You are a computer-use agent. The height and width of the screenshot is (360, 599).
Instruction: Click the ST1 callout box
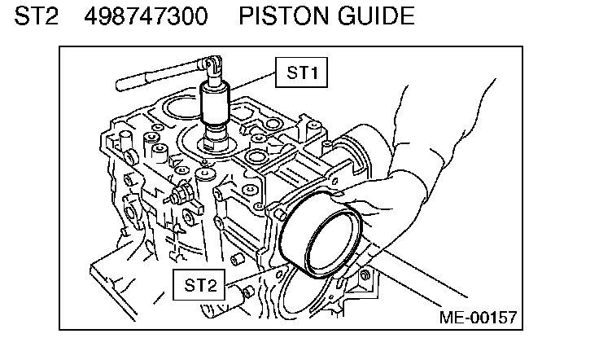click(301, 72)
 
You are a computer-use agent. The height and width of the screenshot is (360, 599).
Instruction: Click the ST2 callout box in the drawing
click(199, 284)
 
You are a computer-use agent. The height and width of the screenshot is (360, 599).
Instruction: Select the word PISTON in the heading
click(290, 15)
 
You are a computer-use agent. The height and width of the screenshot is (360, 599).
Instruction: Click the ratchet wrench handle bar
click(155, 75)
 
